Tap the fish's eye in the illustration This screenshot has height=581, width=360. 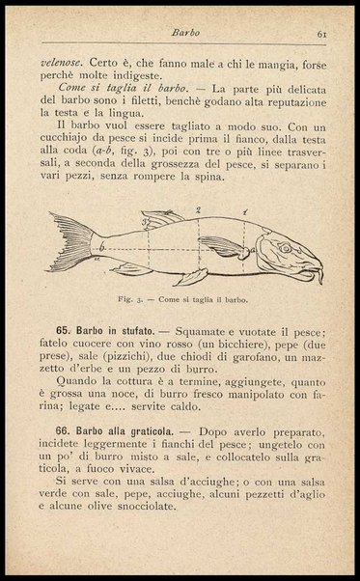(x=285, y=247)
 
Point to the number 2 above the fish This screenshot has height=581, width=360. (x=197, y=208)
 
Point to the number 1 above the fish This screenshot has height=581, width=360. (x=245, y=210)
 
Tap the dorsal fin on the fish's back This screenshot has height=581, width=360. (x=159, y=217)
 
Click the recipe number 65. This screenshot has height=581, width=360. (x=64, y=330)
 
